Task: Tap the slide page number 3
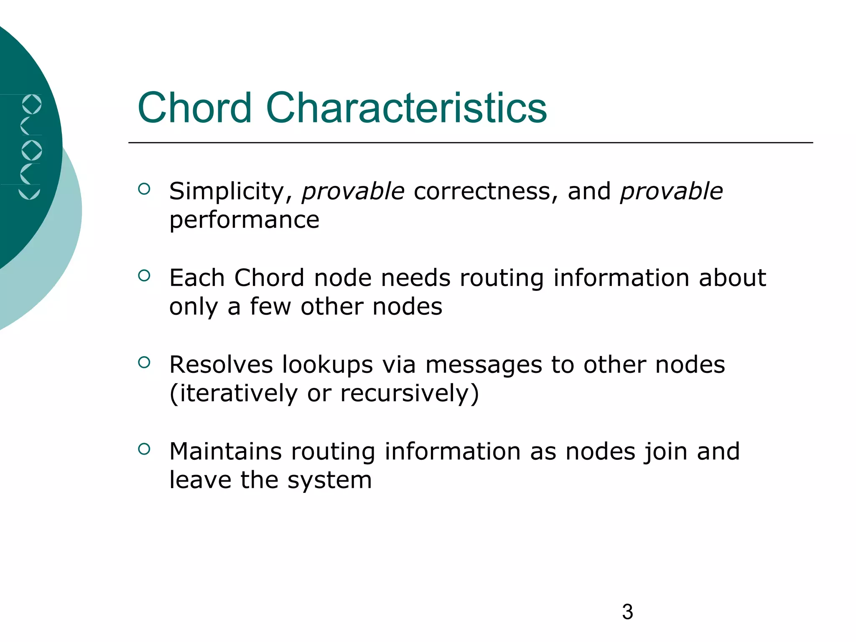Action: [x=627, y=612]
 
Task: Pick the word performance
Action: [x=244, y=220]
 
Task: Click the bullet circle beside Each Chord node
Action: [x=144, y=275]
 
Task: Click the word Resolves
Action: [x=221, y=364]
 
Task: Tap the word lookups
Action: [x=327, y=364]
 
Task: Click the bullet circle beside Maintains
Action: [x=144, y=449]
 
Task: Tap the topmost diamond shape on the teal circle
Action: [x=32, y=104]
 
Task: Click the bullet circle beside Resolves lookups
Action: [x=144, y=362]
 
